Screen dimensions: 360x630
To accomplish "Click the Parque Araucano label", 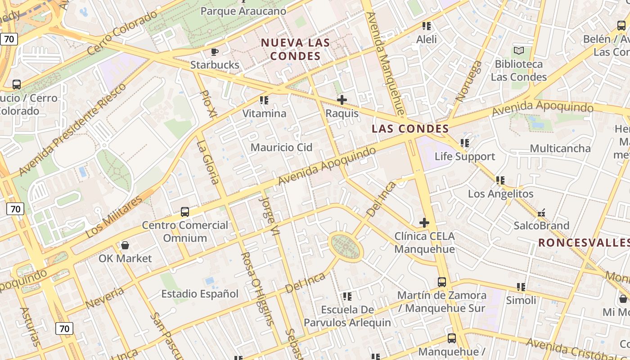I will [x=243, y=11].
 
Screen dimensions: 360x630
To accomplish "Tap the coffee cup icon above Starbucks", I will [x=215, y=51].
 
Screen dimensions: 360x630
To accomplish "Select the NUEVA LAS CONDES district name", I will [x=296, y=49].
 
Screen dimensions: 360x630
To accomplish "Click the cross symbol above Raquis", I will [x=342, y=99].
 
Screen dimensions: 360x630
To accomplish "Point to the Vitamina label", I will [x=264, y=113].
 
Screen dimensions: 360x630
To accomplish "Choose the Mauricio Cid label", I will [x=281, y=148].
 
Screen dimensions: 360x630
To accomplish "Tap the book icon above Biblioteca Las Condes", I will [x=519, y=50].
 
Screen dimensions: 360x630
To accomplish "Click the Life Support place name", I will [x=464, y=157].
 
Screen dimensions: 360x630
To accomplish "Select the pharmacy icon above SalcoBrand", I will [x=541, y=212].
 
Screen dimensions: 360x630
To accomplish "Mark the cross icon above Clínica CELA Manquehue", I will [x=424, y=222].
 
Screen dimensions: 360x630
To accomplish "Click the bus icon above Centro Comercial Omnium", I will [x=184, y=211].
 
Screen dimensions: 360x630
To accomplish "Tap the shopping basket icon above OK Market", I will [x=125, y=245].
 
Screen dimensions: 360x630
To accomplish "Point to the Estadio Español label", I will [x=200, y=294].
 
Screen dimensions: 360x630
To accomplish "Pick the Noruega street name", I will [x=469, y=81].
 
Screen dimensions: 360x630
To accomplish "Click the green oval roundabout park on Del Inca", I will [x=346, y=247].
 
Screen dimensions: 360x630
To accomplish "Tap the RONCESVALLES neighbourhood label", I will [x=584, y=243].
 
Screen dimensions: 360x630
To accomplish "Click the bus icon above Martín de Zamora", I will [x=442, y=282].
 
